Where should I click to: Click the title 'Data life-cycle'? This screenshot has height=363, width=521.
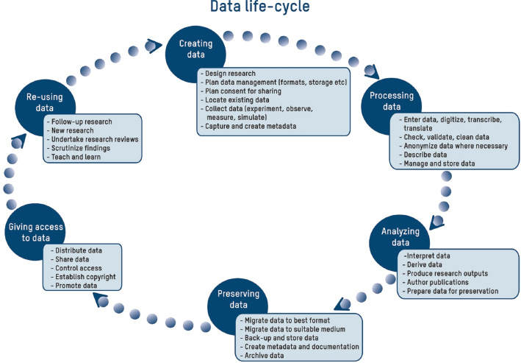tap(260, 7)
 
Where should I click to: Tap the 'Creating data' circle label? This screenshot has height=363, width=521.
tap(195, 49)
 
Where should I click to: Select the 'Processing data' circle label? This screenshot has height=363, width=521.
tap(392, 101)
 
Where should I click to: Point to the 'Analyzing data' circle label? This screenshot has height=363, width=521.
tap(400, 237)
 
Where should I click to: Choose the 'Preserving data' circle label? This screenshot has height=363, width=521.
tap(238, 299)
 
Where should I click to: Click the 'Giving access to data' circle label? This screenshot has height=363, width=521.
tap(35, 233)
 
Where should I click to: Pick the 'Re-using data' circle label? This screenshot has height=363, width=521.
tap(45, 102)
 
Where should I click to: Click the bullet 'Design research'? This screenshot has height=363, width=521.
tap(229, 74)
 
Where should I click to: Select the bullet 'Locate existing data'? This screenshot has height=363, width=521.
tap(235, 100)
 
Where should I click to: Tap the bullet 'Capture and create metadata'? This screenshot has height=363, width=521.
tap(248, 126)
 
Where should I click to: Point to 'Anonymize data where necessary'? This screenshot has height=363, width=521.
tap(453, 146)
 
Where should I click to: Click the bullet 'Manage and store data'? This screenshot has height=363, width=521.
tap(437, 163)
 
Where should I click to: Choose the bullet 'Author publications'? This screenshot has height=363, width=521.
tap(436, 283)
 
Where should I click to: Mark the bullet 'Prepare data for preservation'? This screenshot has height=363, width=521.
tap(450, 291)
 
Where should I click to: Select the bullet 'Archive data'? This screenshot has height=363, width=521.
tap(262, 356)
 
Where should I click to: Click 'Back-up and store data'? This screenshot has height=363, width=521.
tap(279, 338)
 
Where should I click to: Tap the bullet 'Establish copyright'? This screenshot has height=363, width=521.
tap(83, 277)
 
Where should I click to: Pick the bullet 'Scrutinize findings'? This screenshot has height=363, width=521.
tap(79, 148)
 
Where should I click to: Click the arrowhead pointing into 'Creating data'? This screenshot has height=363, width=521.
tap(154, 46)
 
